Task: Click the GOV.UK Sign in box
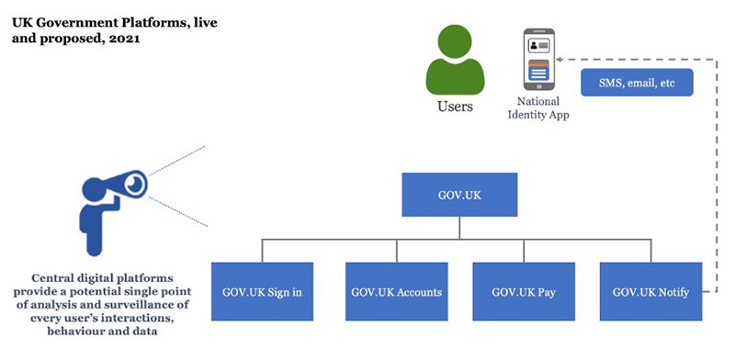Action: tap(263, 293)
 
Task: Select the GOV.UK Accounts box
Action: tap(397, 293)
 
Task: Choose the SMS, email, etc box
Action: tap(636, 83)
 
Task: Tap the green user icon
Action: tap(454, 60)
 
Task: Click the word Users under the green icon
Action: tap(455, 107)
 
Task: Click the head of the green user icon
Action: tap(454, 41)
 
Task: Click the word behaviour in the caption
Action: tap(81, 332)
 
